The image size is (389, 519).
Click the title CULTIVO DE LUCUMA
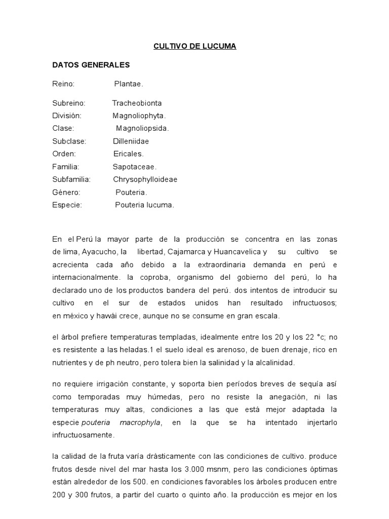(x=195, y=47)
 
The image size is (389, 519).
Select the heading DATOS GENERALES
(x=91, y=65)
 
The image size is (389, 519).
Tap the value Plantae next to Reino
(x=128, y=84)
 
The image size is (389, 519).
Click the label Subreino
(x=69, y=103)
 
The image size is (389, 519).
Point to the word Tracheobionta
(x=137, y=103)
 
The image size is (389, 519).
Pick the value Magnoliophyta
(x=139, y=116)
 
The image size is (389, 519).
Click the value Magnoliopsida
(x=142, y=128)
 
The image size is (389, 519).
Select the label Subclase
(x=69, y=141)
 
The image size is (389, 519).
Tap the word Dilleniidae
(x=131, y=141)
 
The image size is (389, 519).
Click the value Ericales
(x=129, y=154)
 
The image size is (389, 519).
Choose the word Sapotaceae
(x=135, y=166)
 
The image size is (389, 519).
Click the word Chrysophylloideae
(x=145, y=179)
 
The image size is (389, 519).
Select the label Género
(x=66, y=192)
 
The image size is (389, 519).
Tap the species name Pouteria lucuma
(x=144, y=205)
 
